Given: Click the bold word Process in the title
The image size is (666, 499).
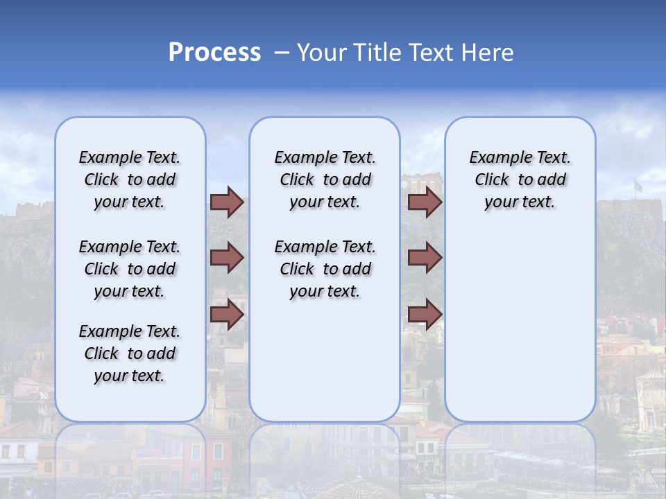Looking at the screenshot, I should tap(214, 53).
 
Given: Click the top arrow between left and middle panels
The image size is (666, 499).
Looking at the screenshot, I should tap(227, 202).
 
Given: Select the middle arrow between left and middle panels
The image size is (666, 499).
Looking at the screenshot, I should tap(227, 258).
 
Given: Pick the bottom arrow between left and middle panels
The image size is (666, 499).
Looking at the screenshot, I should tap(227, 314).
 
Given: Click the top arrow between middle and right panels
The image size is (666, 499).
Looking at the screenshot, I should tap(425, 202).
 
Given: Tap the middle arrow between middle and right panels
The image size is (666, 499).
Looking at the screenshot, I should tap(425, 258).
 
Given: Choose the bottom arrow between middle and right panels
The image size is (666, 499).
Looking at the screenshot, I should tap(425, 314).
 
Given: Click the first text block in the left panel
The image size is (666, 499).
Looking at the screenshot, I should tap(130, 180).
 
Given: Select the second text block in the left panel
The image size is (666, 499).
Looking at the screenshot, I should tap(130, 269).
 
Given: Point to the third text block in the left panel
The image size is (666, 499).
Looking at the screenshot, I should tap(130, 353).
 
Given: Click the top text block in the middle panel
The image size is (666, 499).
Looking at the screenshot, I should tap(325, 180).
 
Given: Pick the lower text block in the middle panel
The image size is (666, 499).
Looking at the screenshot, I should tap(325, 269).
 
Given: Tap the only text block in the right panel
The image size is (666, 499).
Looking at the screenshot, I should tap(520, 180).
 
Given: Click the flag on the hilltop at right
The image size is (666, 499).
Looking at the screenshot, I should tap(638, 185).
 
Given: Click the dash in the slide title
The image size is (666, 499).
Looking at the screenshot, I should tap(282, 53).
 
